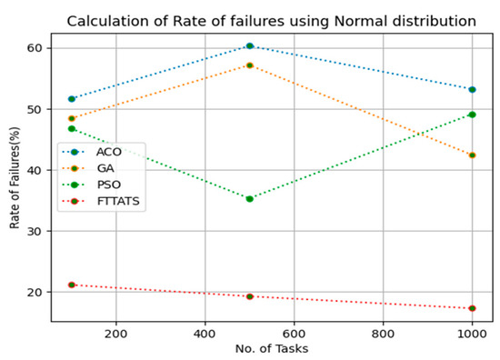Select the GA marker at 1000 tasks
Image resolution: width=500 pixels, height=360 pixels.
point(473,155)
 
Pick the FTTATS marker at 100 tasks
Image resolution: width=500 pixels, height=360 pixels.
point(72,285)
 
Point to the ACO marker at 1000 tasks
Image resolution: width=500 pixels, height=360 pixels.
point(473,89)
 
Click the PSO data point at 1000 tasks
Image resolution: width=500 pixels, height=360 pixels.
point(473,115)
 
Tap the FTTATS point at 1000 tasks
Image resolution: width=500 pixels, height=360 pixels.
point(473,308)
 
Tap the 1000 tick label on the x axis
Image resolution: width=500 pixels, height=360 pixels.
point(472,333)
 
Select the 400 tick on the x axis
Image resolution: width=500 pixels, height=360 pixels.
point(205,333)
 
